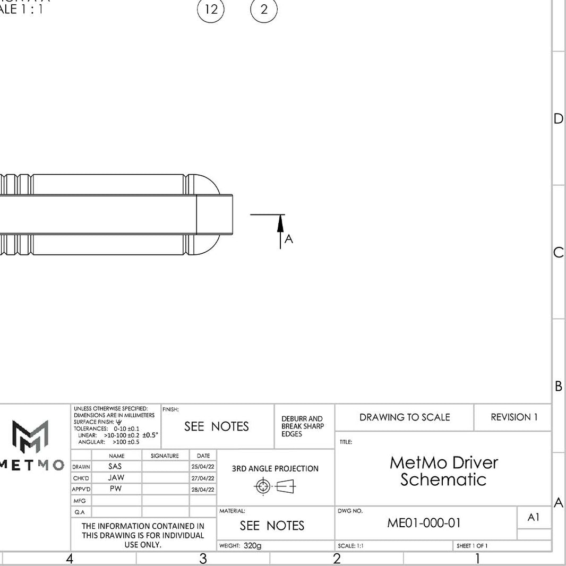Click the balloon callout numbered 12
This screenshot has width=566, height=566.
211,10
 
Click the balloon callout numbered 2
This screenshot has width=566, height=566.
264,10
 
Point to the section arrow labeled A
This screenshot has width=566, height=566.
280,228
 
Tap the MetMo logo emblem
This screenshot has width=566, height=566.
30,435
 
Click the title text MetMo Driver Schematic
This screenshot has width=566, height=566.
443,471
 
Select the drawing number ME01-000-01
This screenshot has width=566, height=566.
424,523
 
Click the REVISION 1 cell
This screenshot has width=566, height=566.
513,417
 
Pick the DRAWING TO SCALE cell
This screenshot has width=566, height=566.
405,417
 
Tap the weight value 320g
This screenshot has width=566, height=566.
253,546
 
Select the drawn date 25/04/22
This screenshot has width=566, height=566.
203,467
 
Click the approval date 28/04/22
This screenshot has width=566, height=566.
203,490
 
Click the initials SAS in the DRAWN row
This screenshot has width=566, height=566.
115,466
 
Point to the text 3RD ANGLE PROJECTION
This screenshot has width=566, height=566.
275,469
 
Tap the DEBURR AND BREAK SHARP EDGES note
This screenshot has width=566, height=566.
302,426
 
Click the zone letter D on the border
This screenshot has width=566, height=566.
558,119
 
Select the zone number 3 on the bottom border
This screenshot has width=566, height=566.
203,559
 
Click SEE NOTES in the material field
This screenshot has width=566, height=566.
272,526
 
